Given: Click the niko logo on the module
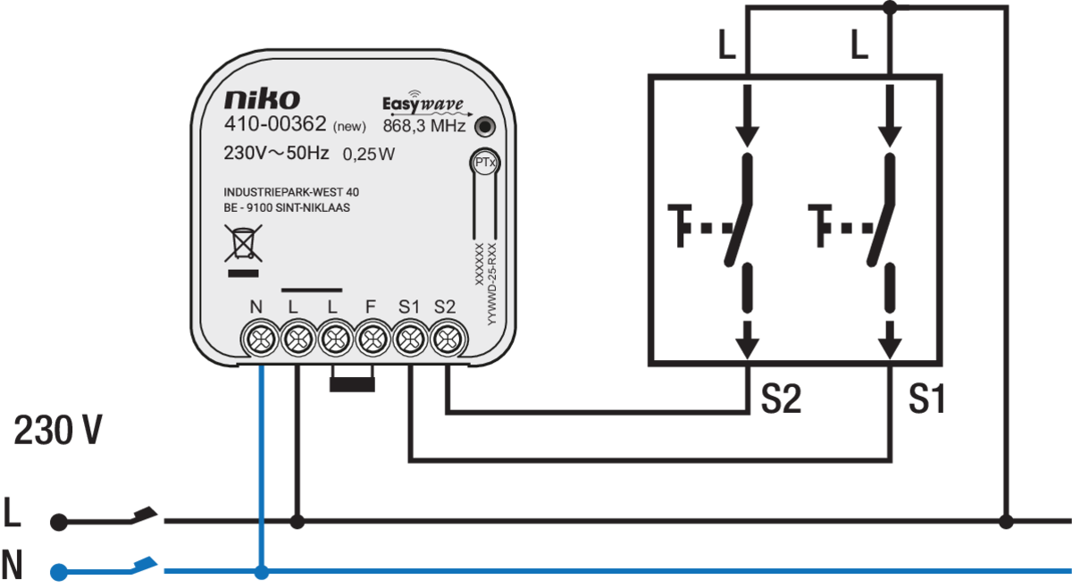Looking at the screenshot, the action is point(263,99).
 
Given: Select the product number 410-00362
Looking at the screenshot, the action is point(275,124).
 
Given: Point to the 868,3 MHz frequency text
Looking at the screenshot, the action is point(424,126).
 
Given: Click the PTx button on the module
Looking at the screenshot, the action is point(485,163).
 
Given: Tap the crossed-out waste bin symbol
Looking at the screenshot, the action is point(243,243).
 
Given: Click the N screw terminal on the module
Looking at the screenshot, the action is point(260,339).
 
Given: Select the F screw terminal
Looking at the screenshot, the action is point(373,339).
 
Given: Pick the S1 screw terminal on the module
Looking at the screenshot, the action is point(410,339).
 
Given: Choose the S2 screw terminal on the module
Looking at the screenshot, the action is point(448,339).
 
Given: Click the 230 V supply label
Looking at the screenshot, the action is point(58,430).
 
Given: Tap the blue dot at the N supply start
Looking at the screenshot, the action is point(59,572).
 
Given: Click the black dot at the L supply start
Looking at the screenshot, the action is point(59,522).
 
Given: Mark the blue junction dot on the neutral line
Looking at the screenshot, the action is point(261,572).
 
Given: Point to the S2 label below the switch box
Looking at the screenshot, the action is point(781,399).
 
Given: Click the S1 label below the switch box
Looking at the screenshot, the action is point(927,399).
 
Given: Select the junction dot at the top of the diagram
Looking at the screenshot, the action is point(890,8).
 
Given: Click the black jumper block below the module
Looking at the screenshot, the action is point(352,384).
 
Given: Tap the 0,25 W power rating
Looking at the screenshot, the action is point(369,155).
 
